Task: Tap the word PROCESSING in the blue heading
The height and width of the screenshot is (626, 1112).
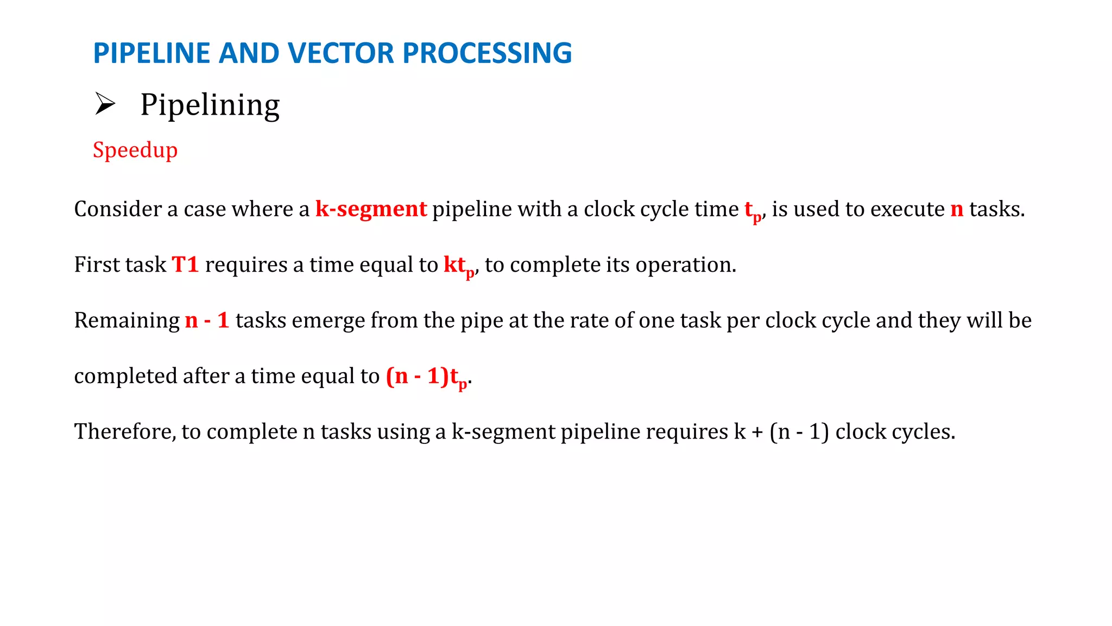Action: click(x=487, y=53)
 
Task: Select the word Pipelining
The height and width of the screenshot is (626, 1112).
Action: click(x=210, y=104)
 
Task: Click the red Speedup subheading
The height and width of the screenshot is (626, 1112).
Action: click(x=135, y=150)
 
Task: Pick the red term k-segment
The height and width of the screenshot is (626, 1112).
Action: click(x=371, y=209)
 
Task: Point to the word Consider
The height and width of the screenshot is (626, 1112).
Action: click(x=118, y=209)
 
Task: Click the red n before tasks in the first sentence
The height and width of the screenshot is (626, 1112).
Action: click(x=957, y=209)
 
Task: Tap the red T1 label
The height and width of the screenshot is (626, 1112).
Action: click(x=185, y=265)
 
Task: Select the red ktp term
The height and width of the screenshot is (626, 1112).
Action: click(x=458, y=266)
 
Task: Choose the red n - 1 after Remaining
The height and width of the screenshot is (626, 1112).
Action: click(x=207, y=320)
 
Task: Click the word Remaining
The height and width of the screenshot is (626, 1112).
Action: click(x=127, y=320)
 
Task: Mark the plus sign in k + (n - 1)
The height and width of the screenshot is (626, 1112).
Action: click(x=757, y=432)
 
